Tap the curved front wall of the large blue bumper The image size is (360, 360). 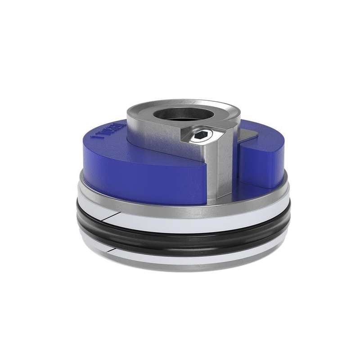click(144, 180)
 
